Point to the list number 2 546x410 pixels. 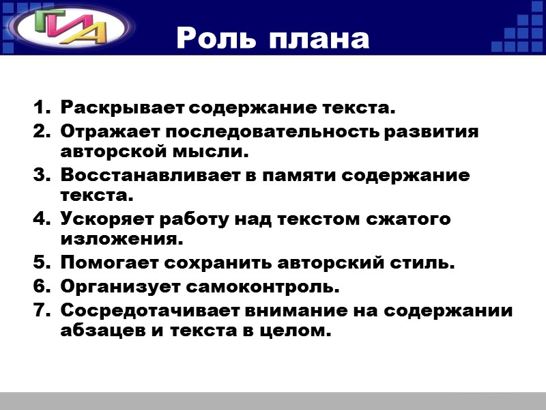tap(40, 131)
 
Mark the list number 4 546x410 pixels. tap(40, 220)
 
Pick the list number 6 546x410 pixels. tap(40, 286)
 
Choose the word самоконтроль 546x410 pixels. tap(262, 286)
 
